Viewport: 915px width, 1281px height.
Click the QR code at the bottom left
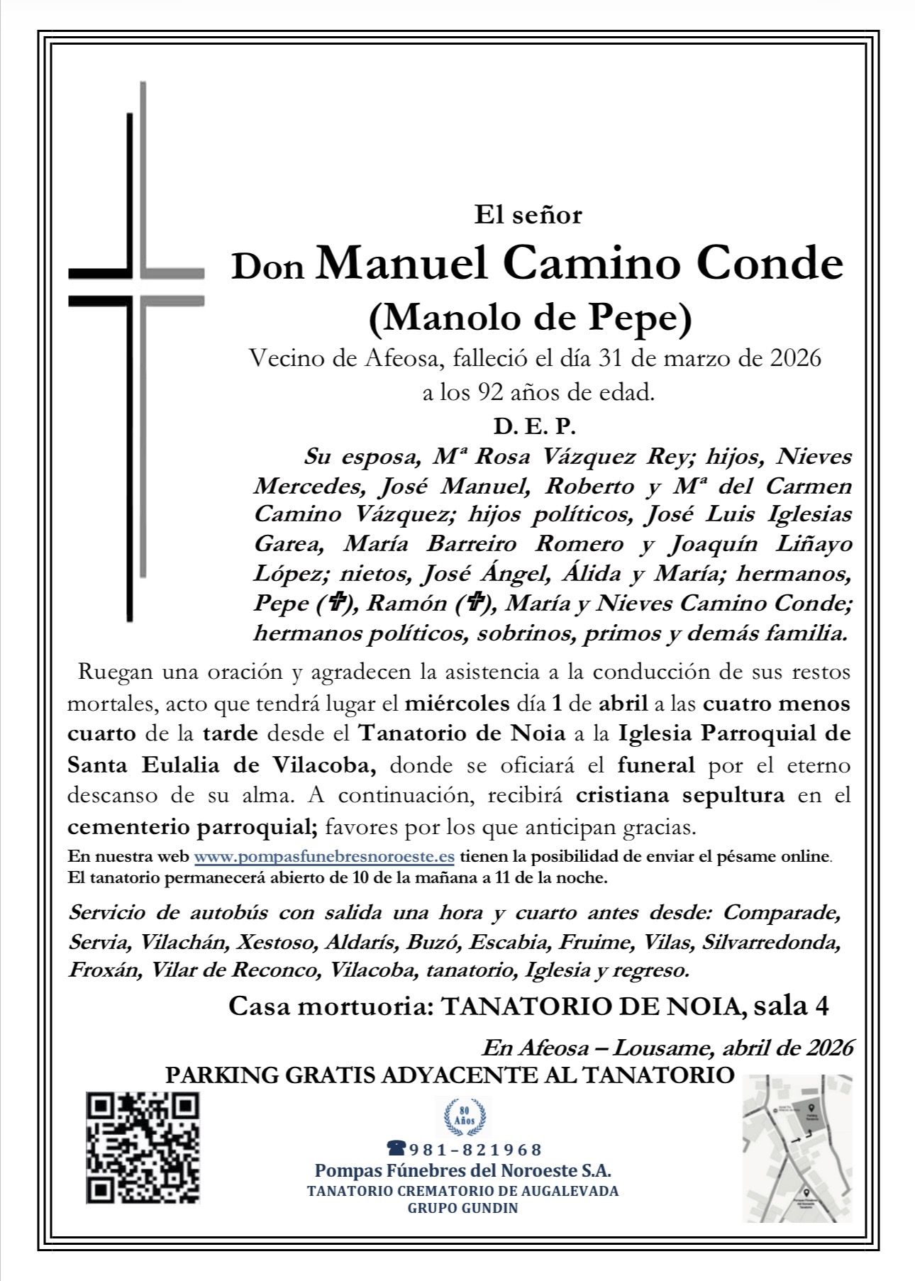[143, 1147]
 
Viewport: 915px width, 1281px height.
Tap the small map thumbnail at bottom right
[797, 1148]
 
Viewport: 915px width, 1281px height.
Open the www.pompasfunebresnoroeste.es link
[324, 856]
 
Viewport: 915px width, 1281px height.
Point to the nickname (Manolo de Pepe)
[530, 318]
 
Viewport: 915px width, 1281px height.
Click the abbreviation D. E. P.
[534, 427]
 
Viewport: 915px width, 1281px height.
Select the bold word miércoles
[457, 704]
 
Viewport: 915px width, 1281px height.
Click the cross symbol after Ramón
[475, 604]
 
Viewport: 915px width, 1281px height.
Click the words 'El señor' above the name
[528, 214]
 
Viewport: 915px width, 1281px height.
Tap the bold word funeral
[656, 765]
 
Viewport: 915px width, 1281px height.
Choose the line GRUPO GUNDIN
[462, 1208]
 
